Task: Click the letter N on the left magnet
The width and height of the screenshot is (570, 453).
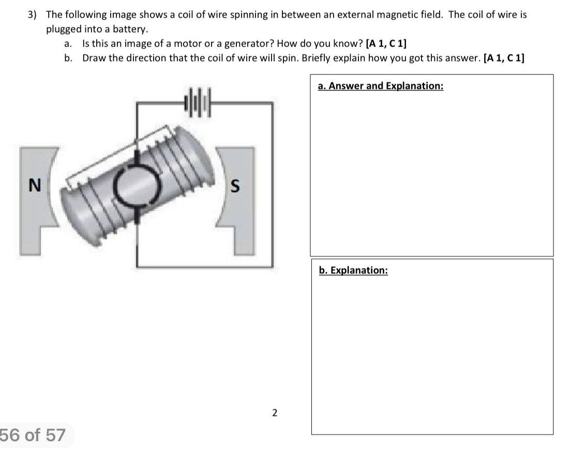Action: click(x=35, y=184)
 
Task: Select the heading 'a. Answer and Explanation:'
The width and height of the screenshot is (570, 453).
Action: click(x=381, y=86)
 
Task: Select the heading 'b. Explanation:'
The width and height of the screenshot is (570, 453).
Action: click(x=353, y=270)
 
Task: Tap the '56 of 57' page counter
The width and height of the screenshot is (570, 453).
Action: click(x=34, y=435)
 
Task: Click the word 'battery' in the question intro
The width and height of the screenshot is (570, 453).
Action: click(x=133, y=29)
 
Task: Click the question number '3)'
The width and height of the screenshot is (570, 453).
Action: click(x=32, y=14)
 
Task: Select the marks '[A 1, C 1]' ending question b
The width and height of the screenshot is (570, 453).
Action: click(x=503, y=58)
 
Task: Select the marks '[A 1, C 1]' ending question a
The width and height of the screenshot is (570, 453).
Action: click(x=386, y=43)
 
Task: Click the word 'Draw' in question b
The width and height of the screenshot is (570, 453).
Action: click(x=94, y=58)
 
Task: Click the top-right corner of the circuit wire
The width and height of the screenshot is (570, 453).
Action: click(x=272, y=104)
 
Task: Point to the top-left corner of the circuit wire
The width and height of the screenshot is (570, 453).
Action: click(x=137, y=104)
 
